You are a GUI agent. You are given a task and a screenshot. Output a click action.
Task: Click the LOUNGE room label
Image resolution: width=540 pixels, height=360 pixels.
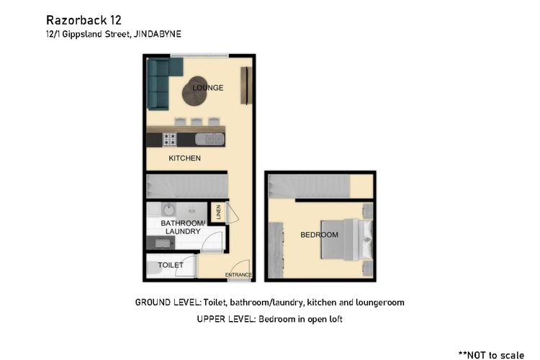click(x=207, y=88)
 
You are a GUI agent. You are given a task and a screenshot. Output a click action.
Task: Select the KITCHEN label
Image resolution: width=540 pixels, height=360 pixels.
click(x=184, y=158)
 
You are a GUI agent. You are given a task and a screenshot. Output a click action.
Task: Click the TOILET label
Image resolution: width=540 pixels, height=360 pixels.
click(x=171, y=265)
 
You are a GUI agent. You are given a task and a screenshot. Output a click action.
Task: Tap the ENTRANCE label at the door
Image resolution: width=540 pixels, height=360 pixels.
click(x=238, y=275)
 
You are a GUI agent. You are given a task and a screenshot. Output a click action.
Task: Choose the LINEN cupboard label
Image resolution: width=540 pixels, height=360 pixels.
click(x=218, y=214)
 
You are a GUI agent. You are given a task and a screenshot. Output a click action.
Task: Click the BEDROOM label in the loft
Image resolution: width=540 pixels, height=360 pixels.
click(x=319, y=235)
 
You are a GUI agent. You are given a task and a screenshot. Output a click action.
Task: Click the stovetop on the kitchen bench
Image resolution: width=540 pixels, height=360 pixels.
click(x=171, y=139)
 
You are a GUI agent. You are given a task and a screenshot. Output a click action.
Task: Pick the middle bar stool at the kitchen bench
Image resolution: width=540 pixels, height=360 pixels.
click(x=196, y=121)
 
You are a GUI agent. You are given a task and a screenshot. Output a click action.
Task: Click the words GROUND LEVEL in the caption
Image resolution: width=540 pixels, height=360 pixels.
click(x=168, y=302)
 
